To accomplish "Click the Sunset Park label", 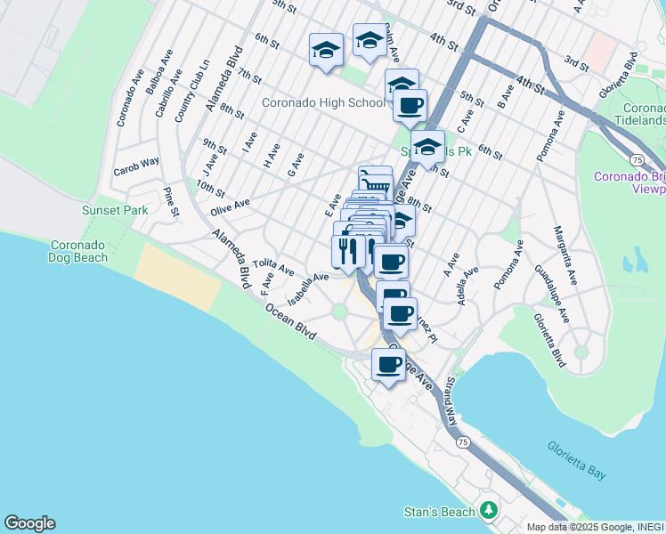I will point(115,211).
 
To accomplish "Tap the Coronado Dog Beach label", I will point(78,251).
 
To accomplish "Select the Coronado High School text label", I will point(323,102).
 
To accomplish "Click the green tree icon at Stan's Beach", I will point(488,511).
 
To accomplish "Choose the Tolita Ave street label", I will point(273,265).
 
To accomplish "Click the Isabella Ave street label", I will point(308,282).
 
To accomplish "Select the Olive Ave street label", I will point(230,207).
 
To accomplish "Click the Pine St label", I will point(170,201).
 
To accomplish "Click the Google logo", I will point(29,523).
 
